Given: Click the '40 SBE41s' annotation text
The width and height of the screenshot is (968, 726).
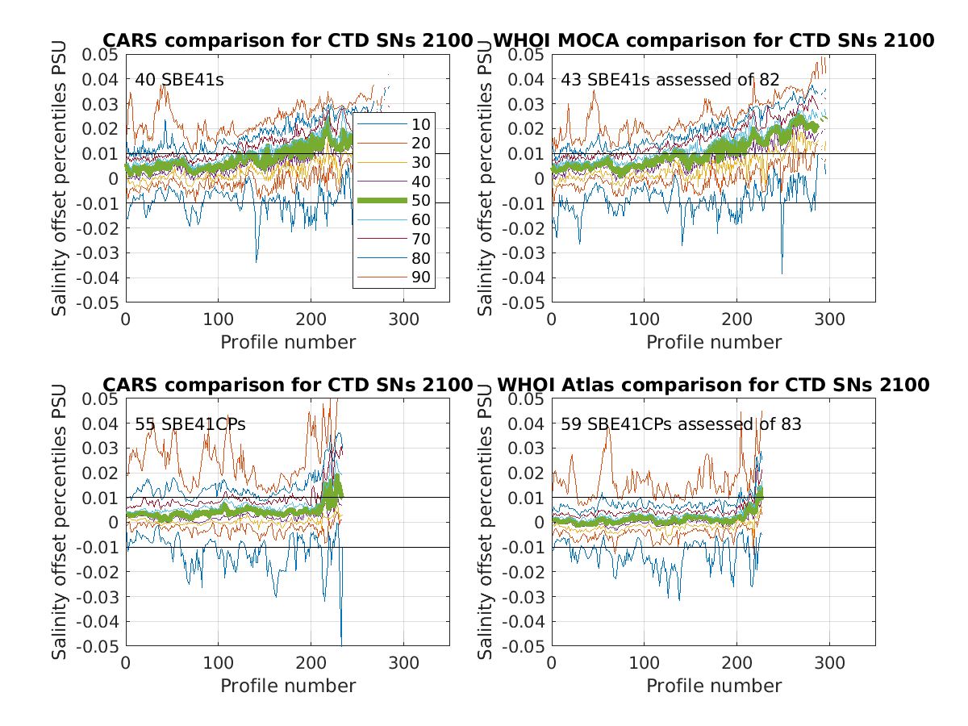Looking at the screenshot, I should click(168, 80).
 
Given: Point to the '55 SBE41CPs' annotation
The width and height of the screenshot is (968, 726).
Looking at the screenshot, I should click(178, 423).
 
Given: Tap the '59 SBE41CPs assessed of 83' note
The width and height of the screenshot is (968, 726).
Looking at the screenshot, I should click(681, 423).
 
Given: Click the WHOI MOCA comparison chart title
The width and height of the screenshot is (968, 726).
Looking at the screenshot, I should click(713, 40).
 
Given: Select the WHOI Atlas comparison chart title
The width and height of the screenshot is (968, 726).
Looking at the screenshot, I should click(713, 385).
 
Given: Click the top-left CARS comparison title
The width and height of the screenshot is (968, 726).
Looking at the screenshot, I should click(287, 40).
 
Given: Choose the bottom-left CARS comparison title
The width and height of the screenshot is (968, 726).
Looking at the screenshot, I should click(287, 385).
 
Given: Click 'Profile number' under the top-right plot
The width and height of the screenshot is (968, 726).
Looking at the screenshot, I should click(714, 342).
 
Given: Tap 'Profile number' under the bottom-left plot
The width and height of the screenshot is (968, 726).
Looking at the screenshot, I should click(288, 686).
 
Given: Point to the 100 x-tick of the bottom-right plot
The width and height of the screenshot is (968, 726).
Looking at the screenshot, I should click(644, 663).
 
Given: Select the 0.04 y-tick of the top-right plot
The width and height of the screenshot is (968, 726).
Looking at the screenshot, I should click(527, 79).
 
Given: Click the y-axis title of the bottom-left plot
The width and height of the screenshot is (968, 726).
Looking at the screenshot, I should click(60, 522).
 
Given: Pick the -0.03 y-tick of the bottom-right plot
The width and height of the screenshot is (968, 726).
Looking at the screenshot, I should click(524, 597).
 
